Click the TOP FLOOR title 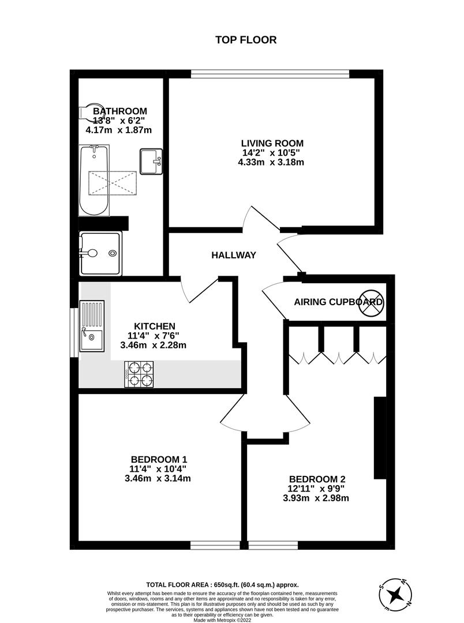click(246, 40)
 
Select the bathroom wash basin click(151, 162)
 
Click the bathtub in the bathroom click(94, 181)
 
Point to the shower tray click(100, 253)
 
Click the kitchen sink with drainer click(92, 326)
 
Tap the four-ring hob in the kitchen click(139, 374)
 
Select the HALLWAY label click(233, 255)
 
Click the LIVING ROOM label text click(272, 143)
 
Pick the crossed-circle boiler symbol click(371, 302)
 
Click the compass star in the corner click(395, 595)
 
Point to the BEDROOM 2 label click(317, 479)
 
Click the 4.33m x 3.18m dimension click(271, 162)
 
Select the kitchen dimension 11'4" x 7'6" click(154, 335)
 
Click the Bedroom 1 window click(215, 546)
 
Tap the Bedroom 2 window click(273, 546)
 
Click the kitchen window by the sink click(74, 333)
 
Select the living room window click(270, 74)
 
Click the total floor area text click(222, 585)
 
